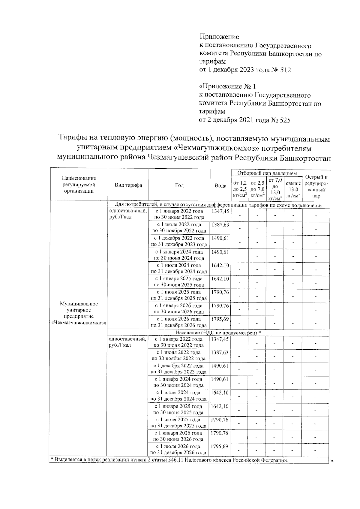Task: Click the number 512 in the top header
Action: click(x=284, y=70)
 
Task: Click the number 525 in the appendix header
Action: click(x=284, y=120)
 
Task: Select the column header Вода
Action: click(x=220, y=186)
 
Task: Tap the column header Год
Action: click(x=179, y=185)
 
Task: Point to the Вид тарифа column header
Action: click(x=128, y=185)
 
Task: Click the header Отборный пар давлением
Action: click(x=267, y=173)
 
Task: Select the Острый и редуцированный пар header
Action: click(x=316, y=186)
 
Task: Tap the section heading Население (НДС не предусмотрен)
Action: click(x=218, y=333)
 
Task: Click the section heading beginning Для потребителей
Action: click(x=219, y=206)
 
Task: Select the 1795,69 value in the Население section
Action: click(x=219, y=447)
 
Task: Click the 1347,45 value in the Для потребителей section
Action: click(x=220, y=211)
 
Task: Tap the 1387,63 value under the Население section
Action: click(x=219, y=353)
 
